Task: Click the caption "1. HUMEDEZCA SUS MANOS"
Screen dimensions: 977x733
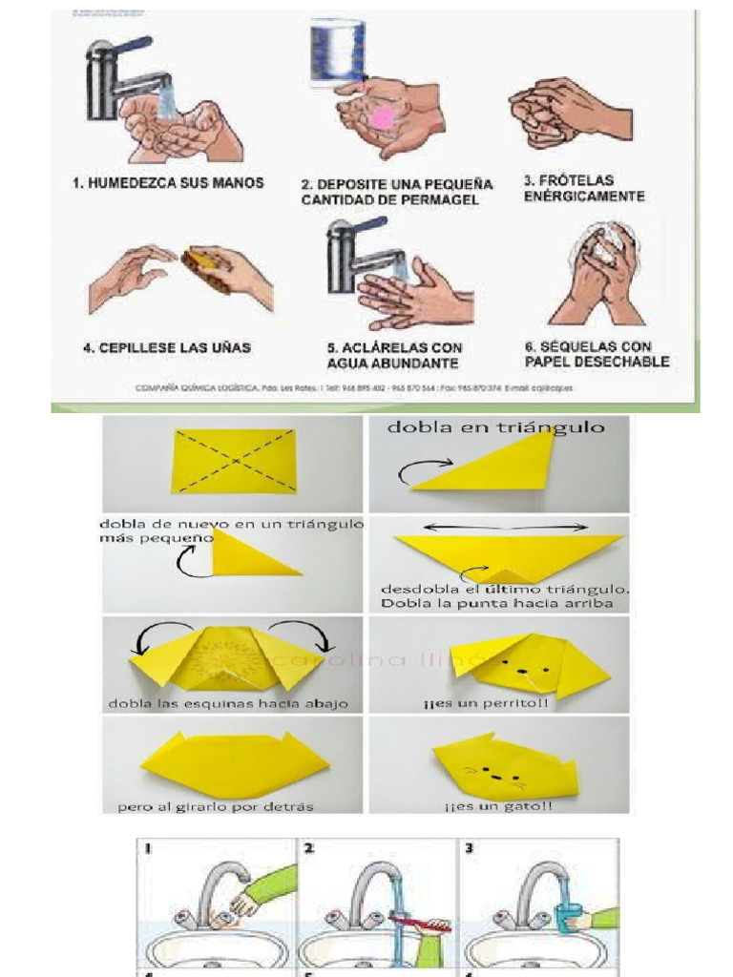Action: coord(168,182)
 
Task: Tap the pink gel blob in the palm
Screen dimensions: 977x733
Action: coord(381,115)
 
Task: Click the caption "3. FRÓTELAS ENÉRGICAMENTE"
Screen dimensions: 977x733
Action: coord(583,188)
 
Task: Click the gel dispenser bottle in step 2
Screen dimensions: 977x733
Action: coord(341,49)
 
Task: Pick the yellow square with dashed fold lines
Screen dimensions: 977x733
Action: coord(234,461)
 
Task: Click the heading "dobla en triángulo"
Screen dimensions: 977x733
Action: coord(495,427)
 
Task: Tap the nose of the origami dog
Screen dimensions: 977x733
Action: coord(522,671)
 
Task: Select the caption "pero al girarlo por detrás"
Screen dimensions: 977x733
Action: coord(216,806)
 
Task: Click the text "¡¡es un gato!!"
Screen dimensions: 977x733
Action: coord(498,806)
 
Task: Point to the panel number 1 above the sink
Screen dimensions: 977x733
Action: coord(149,847)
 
